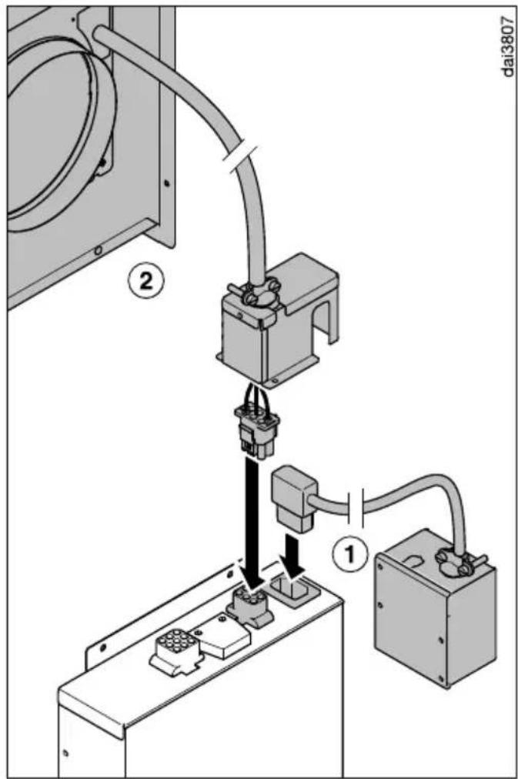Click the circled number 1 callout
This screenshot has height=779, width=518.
point(350,553)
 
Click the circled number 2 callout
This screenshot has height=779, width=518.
point(145,282)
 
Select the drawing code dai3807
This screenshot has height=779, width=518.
point(506,47)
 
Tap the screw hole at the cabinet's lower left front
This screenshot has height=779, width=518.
point(66,753)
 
